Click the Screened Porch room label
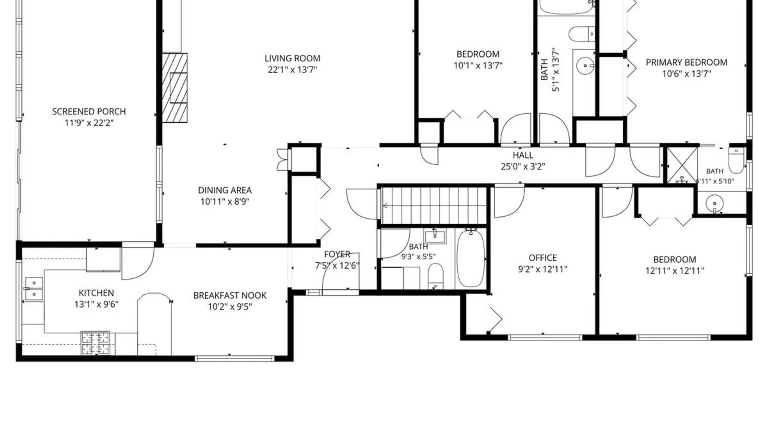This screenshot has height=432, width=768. pyautogui.click(x=89, y=112)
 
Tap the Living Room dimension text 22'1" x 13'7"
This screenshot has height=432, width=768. pyautogui.click(x=292, y=70)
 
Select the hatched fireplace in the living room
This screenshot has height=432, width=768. pyautogui.click(x=175, y=88)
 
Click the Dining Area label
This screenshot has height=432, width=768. pyautogui.click(x=225, y=190)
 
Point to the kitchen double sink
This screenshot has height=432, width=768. pyautogui.click(x=34, y=288)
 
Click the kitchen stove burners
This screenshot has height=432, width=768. pyautogui.click(x=95, y=343)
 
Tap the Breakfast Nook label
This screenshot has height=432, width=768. pyautogui.click(x=230, y=296)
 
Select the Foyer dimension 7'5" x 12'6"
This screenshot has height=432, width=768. pyautogui.click(x=337, y=265)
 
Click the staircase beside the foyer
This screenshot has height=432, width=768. pyautogui.click(x=434, y=206)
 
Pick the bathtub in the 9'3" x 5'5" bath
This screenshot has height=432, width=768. pyautogui.click(x=470, y=258)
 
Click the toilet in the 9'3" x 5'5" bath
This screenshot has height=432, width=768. pyautogui.click(x=436, y=276)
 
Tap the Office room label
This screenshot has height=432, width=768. pyautogui.click(x=543, y=258)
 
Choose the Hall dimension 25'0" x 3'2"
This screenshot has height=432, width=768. pyautogui.click(x=523, y=166)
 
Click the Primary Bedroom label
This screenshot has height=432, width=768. pyautogui.click(x=686, y=62)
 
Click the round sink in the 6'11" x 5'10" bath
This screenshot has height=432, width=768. pyautogui.click(x=714, y=204)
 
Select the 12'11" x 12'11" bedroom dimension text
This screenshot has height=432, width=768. pyautogui.click(x=674, y=271)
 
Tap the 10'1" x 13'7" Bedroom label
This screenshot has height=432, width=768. pyautogui.click(x=478, y=54)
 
